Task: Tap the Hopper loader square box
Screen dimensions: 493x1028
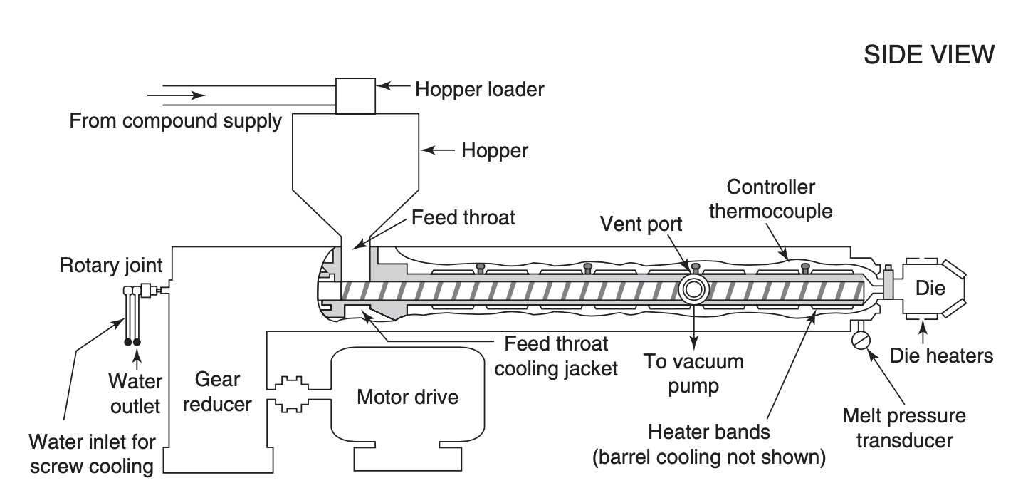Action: [x=354, y=95]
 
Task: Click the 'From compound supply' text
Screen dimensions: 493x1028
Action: [x=175, y=121]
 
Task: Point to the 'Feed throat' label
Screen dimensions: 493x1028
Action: [x=463, y=217]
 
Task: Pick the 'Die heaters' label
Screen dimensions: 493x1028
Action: [x=943, y=355]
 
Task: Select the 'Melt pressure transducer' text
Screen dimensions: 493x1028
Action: [x=903, y=427]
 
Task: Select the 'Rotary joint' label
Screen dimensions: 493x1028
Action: [x=111, y=266]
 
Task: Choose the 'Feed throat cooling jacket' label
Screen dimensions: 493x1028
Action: [x=557, y=357]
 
